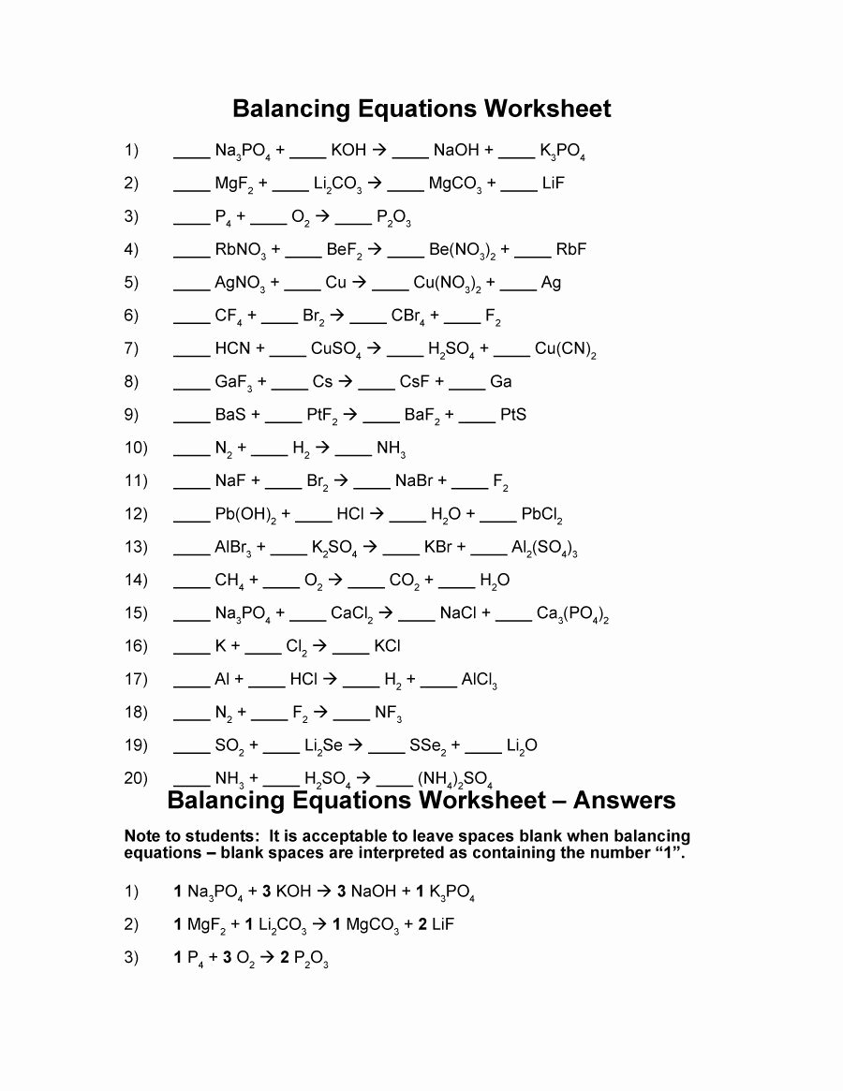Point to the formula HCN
(x=232, y=348)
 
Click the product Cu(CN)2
(x=566, y=349)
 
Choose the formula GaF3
(x=233, y=382)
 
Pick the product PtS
(x=513, y=414)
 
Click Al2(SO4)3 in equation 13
(x=543, y=548)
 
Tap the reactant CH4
(x=229, y=581)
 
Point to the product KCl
(x=388, y=646)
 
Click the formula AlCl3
(x=480, y=680)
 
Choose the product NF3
(x=389, y=714)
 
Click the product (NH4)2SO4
(x=455, y=777)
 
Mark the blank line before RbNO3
(x=191, y=250)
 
